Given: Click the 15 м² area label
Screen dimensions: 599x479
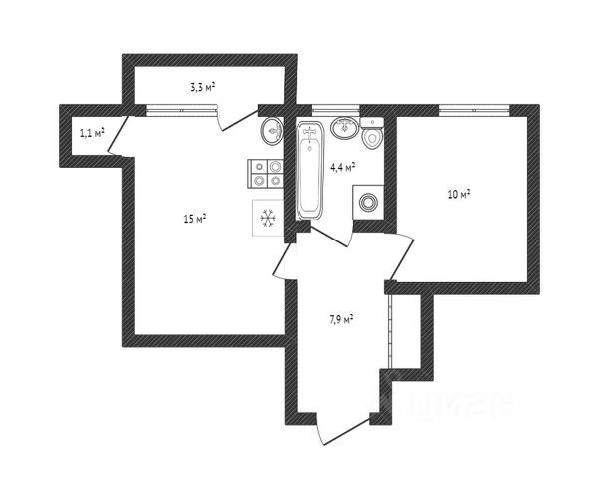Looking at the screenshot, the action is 194,219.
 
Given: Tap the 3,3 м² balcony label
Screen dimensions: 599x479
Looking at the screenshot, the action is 203,87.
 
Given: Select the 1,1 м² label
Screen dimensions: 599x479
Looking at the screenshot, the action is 92,132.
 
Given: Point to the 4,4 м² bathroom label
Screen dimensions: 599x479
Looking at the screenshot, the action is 343,167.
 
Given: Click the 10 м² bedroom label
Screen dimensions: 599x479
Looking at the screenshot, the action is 459,194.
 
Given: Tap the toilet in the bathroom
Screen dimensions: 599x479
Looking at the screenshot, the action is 373,137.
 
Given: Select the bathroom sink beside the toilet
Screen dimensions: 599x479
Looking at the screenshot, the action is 345,128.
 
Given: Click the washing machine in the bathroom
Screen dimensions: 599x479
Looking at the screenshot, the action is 369,202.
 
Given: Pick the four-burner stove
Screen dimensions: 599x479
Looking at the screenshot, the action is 266,174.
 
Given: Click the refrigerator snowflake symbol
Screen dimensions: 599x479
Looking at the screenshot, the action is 267,218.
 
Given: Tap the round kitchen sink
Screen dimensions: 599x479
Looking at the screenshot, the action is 272,130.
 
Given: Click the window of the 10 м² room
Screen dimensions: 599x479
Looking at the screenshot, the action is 462,107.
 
